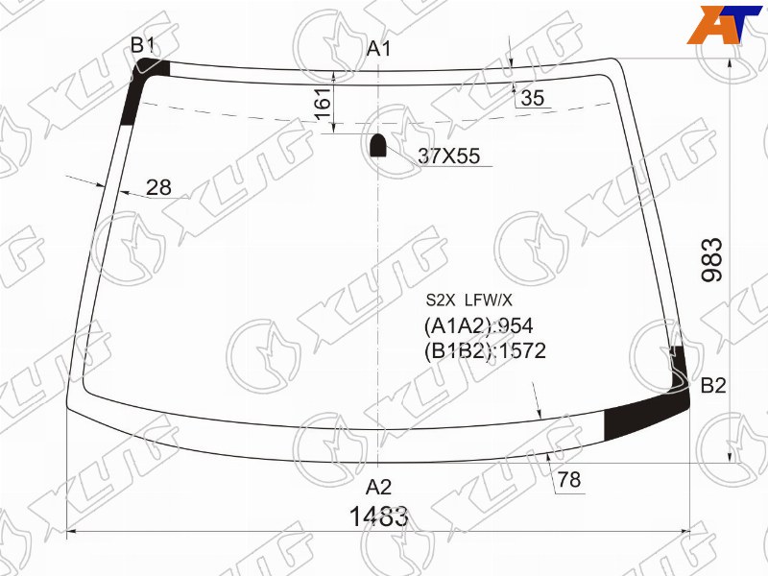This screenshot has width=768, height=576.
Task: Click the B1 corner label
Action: [142, 45]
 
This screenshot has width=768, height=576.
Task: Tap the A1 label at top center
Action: [378, 49]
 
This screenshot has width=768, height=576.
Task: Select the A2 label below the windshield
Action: [378, 488]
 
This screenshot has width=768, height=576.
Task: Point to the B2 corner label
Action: [713, 386]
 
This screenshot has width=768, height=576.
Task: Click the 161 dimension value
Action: [323, 104]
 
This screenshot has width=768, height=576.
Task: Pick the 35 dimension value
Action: [533, 98]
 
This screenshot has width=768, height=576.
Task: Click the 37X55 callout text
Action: [448, 156]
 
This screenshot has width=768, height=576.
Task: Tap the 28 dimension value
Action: [158, 187]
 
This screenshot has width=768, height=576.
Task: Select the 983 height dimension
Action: [712, 259]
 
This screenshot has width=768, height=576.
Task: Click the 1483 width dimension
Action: [378, 516]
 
